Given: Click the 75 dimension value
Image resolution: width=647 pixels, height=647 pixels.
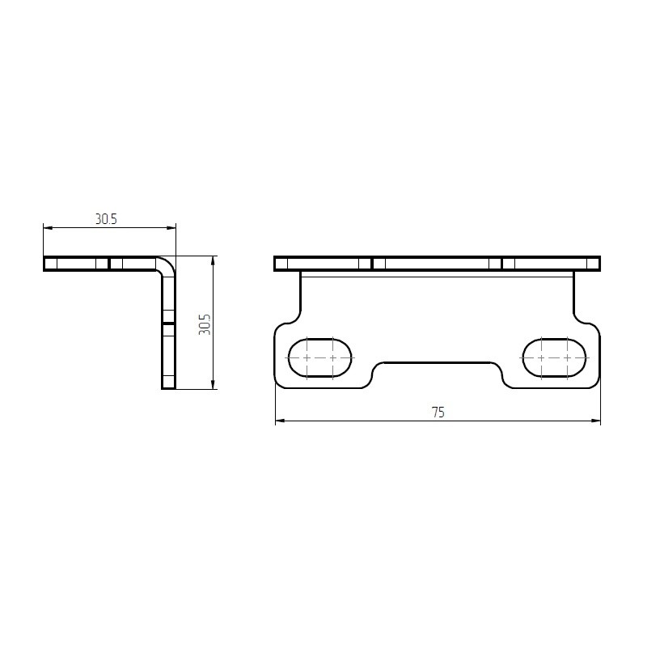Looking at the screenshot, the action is (x=438, y=412).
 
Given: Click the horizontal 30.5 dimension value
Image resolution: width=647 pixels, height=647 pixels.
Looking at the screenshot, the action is (x=106, y=219).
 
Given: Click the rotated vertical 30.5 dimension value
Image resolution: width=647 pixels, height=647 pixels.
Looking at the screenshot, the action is (x=205, y=324).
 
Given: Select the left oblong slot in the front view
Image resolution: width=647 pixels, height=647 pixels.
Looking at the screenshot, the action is (x=320, y=357).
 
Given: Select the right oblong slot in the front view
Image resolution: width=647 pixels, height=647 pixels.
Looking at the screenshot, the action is (x=554, y=357).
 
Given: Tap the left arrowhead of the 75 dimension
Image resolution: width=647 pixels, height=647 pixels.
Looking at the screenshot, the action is (x=280, y=421).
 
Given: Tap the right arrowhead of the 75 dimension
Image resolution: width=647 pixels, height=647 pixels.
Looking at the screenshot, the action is (x=596, y=421).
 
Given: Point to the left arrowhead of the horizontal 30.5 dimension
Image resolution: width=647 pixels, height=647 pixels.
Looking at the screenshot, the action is (x=48, y=227).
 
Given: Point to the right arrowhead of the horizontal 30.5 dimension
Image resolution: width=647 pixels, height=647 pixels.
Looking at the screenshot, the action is (x=171, y=227).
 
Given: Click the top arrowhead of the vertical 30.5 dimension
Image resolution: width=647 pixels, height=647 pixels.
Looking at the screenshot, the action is (x=213, y=260).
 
